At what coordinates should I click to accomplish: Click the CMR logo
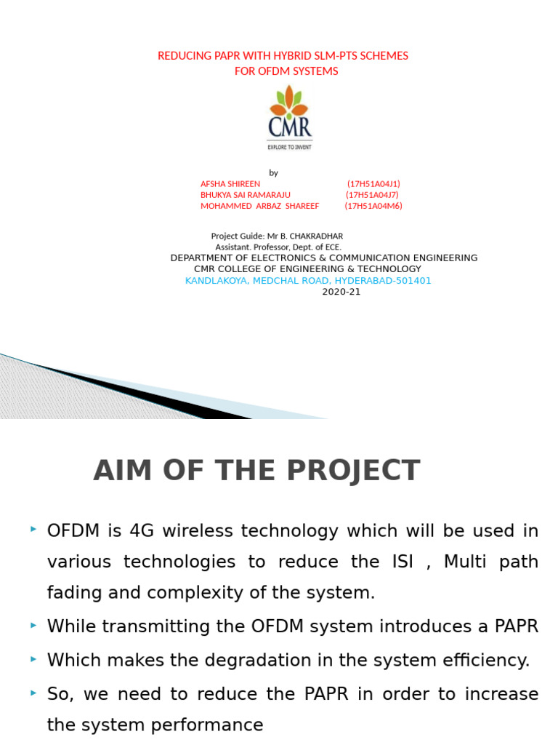[289, 116]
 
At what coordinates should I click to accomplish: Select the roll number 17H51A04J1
[373, 184]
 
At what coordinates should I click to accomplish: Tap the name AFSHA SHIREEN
[230, 184]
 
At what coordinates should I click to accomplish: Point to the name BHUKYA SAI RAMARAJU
[246, 195]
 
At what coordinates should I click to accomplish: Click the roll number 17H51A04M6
[373, 206]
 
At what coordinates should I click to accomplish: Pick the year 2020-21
[341, 292]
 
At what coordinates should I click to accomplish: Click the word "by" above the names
[273, 173]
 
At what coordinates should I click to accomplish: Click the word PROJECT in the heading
[353, 471]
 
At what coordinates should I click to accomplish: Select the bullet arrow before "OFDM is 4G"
[33, 530]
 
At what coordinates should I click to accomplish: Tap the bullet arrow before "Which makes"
[33, 659]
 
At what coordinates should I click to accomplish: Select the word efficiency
[485, 661]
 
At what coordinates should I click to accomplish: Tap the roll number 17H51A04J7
[372, 195]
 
